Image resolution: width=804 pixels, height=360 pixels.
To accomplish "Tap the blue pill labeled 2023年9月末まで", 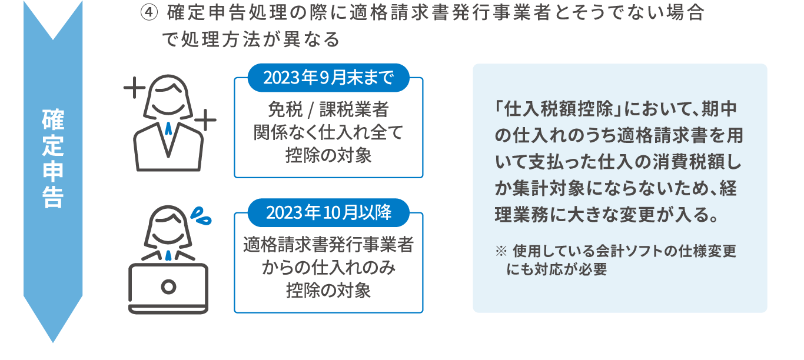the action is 328,78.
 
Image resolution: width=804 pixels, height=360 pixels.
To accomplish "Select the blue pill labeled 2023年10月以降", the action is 328,212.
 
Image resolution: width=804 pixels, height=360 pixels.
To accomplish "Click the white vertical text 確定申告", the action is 53,158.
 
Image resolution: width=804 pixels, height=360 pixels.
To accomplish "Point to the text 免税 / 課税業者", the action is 328,111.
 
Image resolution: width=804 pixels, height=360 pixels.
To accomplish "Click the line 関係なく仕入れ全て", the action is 328,133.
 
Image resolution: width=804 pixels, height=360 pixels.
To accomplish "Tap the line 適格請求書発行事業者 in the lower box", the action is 328,245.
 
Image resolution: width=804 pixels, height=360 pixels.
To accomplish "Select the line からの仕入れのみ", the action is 328,268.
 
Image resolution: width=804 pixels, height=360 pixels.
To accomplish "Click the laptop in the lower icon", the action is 169,288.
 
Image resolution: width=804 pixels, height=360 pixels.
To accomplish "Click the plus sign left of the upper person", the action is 134,89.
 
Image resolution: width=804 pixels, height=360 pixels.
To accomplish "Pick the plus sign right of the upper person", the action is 205,122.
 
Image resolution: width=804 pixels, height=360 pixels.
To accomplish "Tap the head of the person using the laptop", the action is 169,226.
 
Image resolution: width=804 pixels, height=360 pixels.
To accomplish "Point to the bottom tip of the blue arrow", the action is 53,340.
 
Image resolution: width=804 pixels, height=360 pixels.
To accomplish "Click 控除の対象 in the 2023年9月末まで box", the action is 328,155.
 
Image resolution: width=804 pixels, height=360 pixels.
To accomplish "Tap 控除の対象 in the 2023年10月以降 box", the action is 328,290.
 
